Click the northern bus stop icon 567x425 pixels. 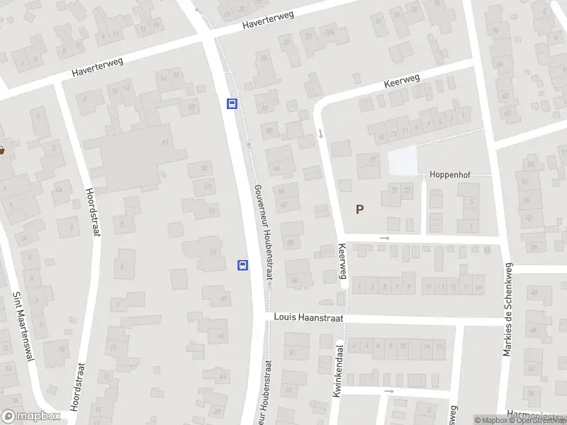[x=232, y=103]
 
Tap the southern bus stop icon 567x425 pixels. [x=242, y=266]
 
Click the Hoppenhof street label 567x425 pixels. [x=450, y=174]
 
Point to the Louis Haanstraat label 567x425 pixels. [x=308, y=319]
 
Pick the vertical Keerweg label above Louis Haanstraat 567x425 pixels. [x=342, y=260]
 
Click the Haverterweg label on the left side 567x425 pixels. [x=97, y=67]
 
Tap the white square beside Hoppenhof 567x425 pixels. [x=403, y=162]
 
